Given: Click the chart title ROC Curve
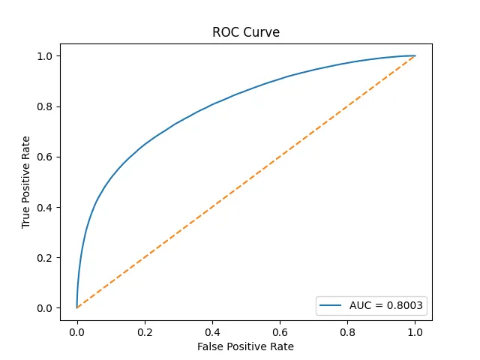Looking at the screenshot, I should point(245,33).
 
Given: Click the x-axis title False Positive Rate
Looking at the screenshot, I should point(245,346).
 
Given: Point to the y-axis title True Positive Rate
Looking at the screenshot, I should point(26,182).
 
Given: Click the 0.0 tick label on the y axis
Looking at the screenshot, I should point(44,308).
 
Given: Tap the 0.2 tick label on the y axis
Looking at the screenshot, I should point(44,258).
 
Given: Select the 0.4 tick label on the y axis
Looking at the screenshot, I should point(44,207).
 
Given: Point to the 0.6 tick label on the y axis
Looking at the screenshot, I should point(44,157).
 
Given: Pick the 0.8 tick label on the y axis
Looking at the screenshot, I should point(44,106).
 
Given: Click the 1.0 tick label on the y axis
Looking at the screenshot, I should point(44,56).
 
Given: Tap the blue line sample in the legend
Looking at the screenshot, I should point(330,305).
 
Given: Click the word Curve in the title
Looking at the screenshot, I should point(262,33).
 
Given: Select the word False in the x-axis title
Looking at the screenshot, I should point(210,346).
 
